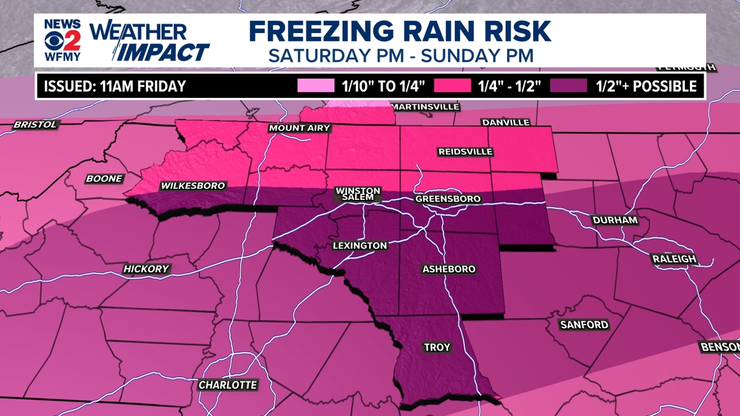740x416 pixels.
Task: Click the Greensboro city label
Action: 448,199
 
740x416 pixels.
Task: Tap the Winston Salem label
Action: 358,194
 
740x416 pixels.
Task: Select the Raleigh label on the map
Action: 674,259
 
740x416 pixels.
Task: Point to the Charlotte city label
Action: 228,385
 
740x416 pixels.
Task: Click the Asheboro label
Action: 449,269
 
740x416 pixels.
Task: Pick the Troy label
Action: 437,347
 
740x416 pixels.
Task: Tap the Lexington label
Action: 360,245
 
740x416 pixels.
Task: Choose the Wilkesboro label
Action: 193,186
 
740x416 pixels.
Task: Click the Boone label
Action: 104,178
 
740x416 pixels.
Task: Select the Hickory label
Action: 146,269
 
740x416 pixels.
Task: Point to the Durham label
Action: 615,220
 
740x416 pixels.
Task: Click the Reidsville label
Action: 465,151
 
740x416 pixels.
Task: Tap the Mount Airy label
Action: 300,128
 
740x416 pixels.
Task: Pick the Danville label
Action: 506,122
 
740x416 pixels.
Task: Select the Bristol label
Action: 36,124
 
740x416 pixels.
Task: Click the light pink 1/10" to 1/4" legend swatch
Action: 315,86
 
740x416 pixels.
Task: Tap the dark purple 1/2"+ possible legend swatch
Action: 570,86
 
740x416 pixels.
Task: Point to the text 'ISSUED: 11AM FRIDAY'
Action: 115,86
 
